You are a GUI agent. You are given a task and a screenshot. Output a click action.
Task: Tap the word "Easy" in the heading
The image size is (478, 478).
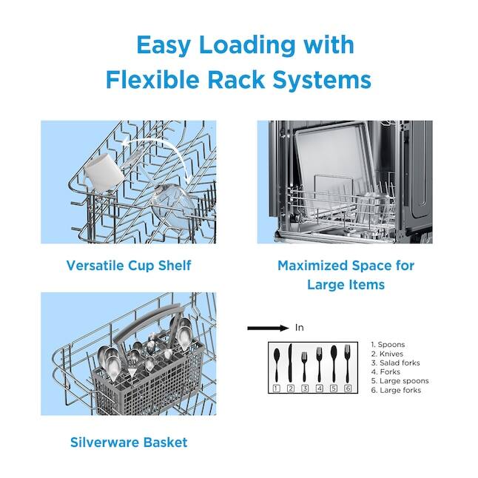(167, 44)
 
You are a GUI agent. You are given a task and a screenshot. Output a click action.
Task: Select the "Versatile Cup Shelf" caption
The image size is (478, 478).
(129, 265)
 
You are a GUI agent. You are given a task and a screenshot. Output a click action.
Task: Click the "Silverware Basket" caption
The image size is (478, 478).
(129, 442)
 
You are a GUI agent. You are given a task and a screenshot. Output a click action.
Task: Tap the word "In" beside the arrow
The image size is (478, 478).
(300, 328)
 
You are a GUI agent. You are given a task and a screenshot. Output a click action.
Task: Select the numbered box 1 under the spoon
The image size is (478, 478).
(275, 388)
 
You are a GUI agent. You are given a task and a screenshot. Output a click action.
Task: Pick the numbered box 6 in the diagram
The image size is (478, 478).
(348, 388)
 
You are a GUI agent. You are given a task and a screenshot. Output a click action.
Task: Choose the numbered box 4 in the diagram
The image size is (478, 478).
(319, 388)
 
